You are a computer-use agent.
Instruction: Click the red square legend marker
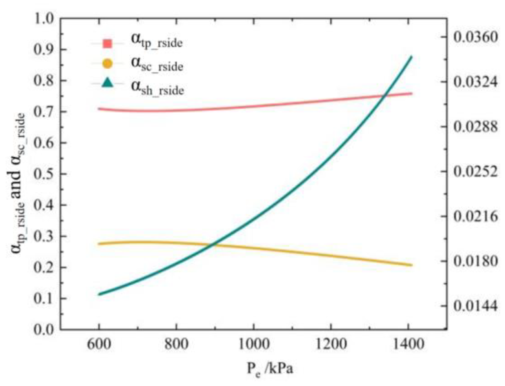tap(107, 44)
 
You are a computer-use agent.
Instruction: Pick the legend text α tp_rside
tap(157, 41)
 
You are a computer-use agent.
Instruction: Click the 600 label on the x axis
tap(99, 344)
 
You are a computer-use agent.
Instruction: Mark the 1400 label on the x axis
tap(409, 344)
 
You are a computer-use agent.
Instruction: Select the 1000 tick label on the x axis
tap(253, 344)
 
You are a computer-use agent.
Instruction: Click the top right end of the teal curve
tap(412, 57)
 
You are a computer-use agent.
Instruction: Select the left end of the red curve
tap(99, 109)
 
